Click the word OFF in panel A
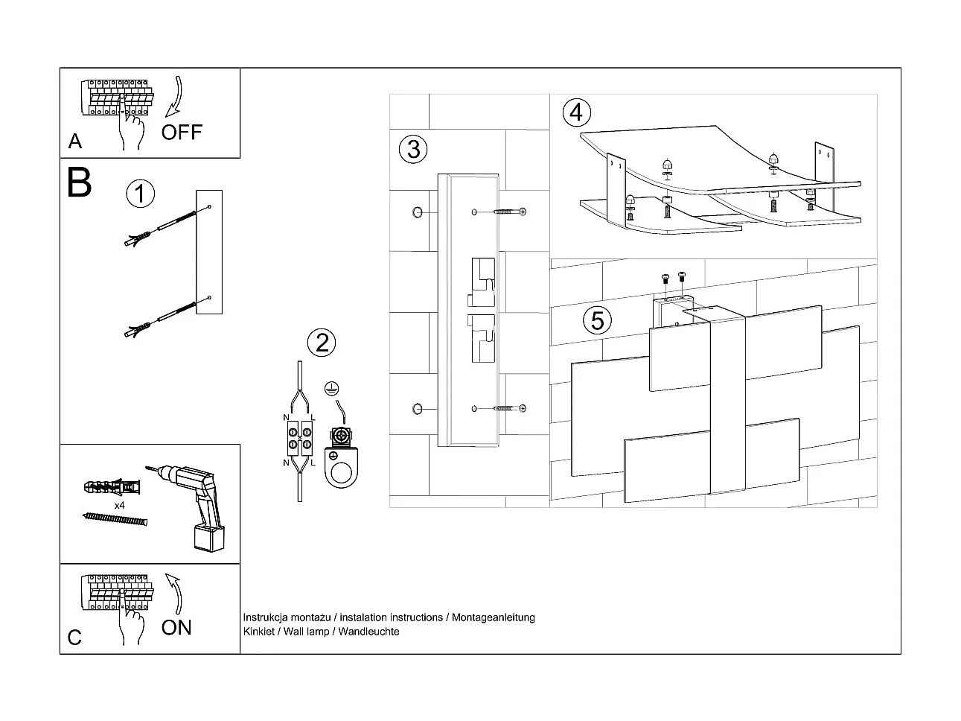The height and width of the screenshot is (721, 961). coord(182,133)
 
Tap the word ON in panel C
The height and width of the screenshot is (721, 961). coord(176,627)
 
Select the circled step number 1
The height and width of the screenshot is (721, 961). coord(140,194)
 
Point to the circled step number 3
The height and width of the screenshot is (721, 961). coord(413,149)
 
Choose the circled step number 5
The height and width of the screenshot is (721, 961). coord(597,320)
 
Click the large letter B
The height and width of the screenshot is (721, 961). coord(79,182)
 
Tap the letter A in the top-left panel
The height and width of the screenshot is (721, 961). coord(74,142)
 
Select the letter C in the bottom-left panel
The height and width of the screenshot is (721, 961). coord(74,638)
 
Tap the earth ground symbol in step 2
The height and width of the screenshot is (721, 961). coord(332,388)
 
